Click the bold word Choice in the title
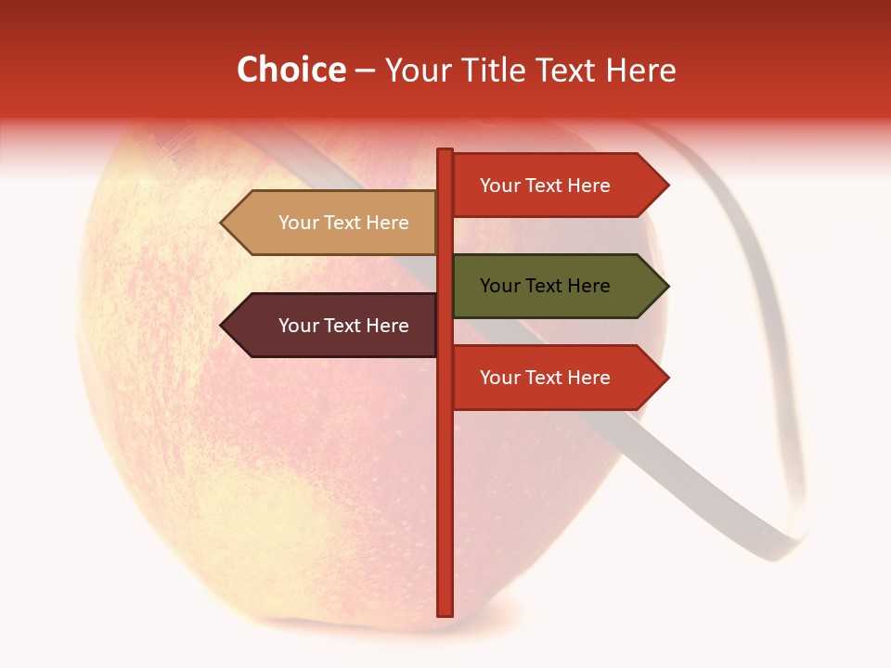(x=291, y=70)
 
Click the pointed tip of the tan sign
(x=223, y=223)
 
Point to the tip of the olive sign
(x=666, y=286)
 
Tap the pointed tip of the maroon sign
(x=223, y=326)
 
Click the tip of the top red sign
(x=666, y=185)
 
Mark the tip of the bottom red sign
(x=666, y=378)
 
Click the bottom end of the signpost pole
(x=445, y=612)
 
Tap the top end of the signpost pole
(x=445, y=151)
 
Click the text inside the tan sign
(x=343, y=223)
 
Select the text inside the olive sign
(x=545, y=286)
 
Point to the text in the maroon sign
(x=343, y=326)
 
